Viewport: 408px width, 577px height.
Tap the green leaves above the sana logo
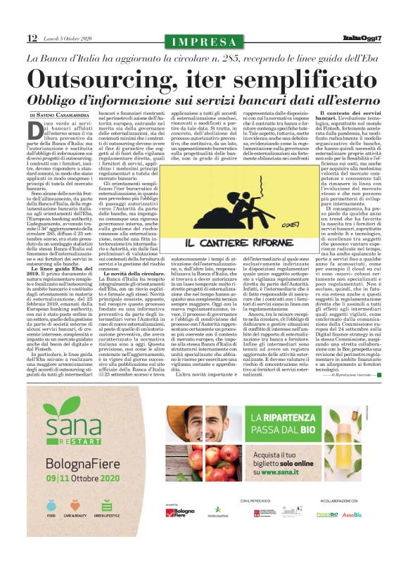(x=77, y=419)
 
